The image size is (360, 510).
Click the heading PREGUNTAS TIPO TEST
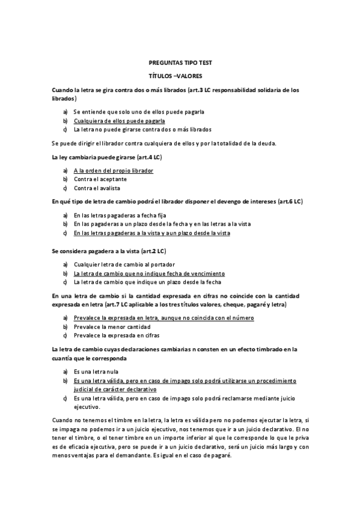pyautogui.click(x=180, y=63)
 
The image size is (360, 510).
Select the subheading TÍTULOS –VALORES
pyautogui.click(x=180, y=76)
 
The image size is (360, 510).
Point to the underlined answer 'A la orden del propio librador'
pyautogui.click(x=113, y=171)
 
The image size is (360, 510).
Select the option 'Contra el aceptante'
pyautogui.click(x=100, y=179)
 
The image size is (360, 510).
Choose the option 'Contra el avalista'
pyautogui.click(x=97, y=188)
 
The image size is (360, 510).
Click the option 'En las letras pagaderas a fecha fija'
pyautogui.click(x=120, y=215)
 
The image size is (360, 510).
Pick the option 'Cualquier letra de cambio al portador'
pyautogui.click(x=124, y=265)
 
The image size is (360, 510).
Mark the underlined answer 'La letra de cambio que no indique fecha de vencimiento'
pyautogui.click(x=149, y=273)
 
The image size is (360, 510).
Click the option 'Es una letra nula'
pyautogui.click(x=96, y=372)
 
